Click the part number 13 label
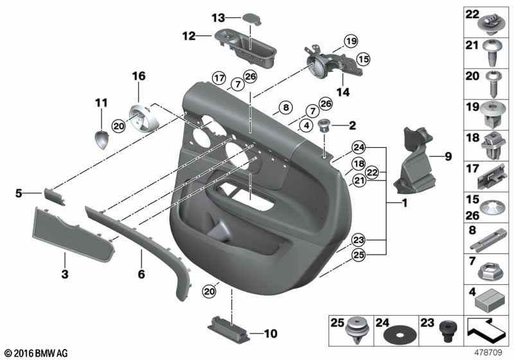tap(218, 18)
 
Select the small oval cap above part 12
tap(252, 19)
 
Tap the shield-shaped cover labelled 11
tap(102, 139)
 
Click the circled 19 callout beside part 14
tap(351, 41)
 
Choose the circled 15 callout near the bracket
tap(363, 59)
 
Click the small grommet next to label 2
tap(325, 125)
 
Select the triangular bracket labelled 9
tap(414, 161)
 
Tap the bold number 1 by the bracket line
tap(405, 203)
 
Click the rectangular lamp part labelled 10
tap(228, 326)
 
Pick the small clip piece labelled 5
tap(54, 196)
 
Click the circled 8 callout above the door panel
tap(286, 107)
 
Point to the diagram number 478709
tap(489, 353)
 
